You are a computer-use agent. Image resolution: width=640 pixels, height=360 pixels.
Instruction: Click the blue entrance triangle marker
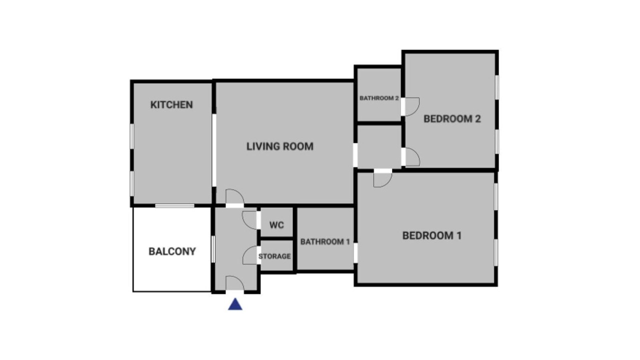(x=235, y=304)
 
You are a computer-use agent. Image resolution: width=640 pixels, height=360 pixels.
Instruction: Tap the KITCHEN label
(x=171, y=105)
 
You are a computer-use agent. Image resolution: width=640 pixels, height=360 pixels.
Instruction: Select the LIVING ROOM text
(x=280, y=146)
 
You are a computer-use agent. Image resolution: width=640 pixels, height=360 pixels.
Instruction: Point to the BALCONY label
(x=172, y=251)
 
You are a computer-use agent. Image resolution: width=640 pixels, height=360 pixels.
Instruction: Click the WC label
(x=276, y=225)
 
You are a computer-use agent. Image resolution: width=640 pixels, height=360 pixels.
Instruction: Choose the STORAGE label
(x=274, y=256)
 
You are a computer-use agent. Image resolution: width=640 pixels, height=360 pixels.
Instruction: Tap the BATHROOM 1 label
(x=325, y=241)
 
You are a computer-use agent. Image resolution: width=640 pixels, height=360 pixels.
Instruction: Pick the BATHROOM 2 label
(x=379, y=98)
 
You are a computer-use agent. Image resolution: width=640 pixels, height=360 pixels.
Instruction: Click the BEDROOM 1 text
(x=432, y=235)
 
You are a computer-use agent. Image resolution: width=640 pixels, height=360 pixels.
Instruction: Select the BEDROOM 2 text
(x=452, y=119)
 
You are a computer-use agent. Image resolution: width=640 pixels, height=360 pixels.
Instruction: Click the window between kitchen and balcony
(x=175, y=205)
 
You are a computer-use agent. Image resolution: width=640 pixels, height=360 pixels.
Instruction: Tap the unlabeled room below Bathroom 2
(x=379, y=146)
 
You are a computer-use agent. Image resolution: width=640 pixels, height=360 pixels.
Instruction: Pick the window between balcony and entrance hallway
(x=213, y=249)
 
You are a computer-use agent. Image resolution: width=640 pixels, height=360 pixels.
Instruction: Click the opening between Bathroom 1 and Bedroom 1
(x=355, y=253)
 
